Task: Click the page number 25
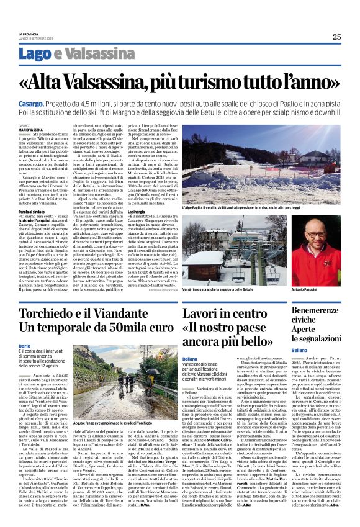click(x=336, y=37)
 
